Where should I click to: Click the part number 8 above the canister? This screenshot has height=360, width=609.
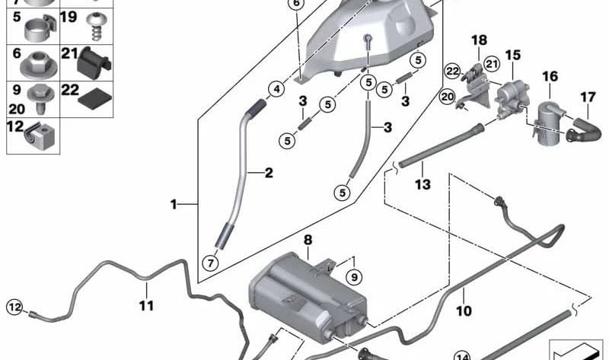308,241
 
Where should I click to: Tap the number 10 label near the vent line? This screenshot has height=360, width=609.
464,311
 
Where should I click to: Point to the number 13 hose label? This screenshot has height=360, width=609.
422,184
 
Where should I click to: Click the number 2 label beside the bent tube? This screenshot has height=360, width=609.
268,173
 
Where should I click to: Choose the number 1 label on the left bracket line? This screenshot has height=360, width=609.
174,204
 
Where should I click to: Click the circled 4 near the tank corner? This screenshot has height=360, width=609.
275,89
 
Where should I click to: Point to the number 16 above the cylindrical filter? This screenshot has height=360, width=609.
550,76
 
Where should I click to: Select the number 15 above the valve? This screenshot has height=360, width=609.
513,56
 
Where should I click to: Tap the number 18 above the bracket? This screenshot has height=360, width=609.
478,40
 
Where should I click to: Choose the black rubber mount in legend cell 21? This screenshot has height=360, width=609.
96,62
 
